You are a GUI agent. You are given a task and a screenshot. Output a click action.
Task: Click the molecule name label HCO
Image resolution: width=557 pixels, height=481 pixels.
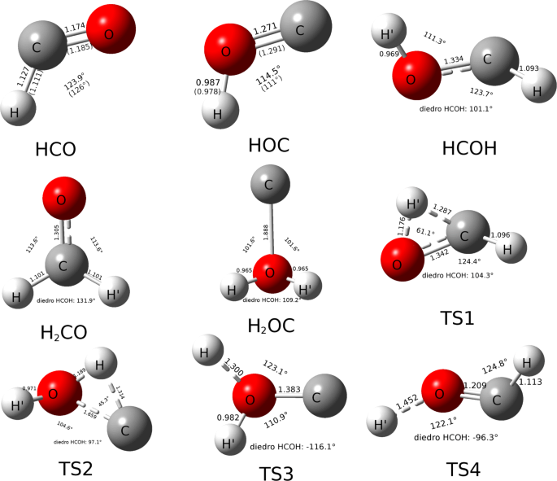(56, 149)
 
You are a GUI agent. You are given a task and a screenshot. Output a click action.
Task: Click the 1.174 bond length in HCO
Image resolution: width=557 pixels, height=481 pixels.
(76, 28)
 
